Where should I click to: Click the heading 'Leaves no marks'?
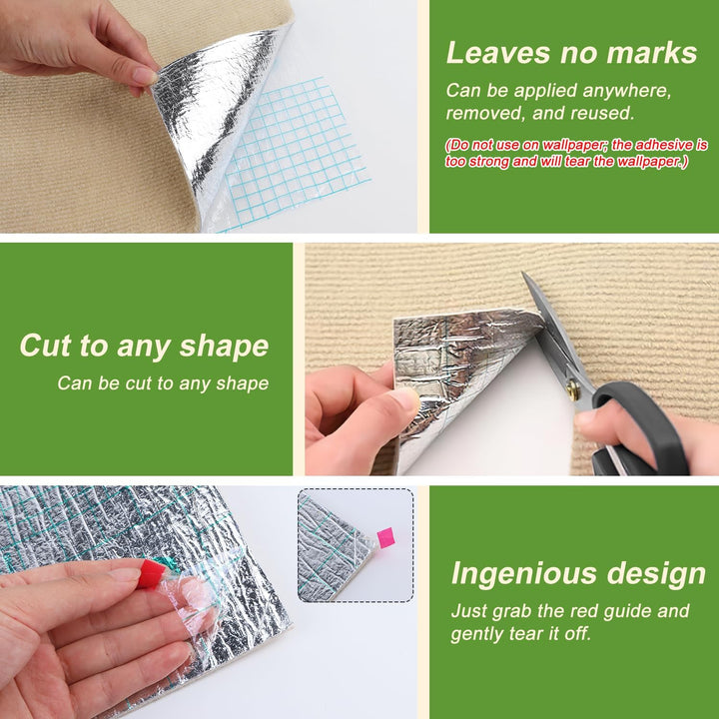click(x=571, y=52)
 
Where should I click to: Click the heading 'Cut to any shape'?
click(x=144, y=346)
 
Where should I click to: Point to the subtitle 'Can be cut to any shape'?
click(x=163, y=383)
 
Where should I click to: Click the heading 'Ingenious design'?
click(x=578, y=573)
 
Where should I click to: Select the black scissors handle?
click(x=640, y=428)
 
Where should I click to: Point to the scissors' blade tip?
click(x=523, y=274)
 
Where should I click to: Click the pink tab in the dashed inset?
click(x=385, y=538)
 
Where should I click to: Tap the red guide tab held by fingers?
click(x=152, y=573)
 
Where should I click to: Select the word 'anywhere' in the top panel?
click(x=627, y=91)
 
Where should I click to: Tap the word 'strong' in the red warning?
click(x=487, y=162)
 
